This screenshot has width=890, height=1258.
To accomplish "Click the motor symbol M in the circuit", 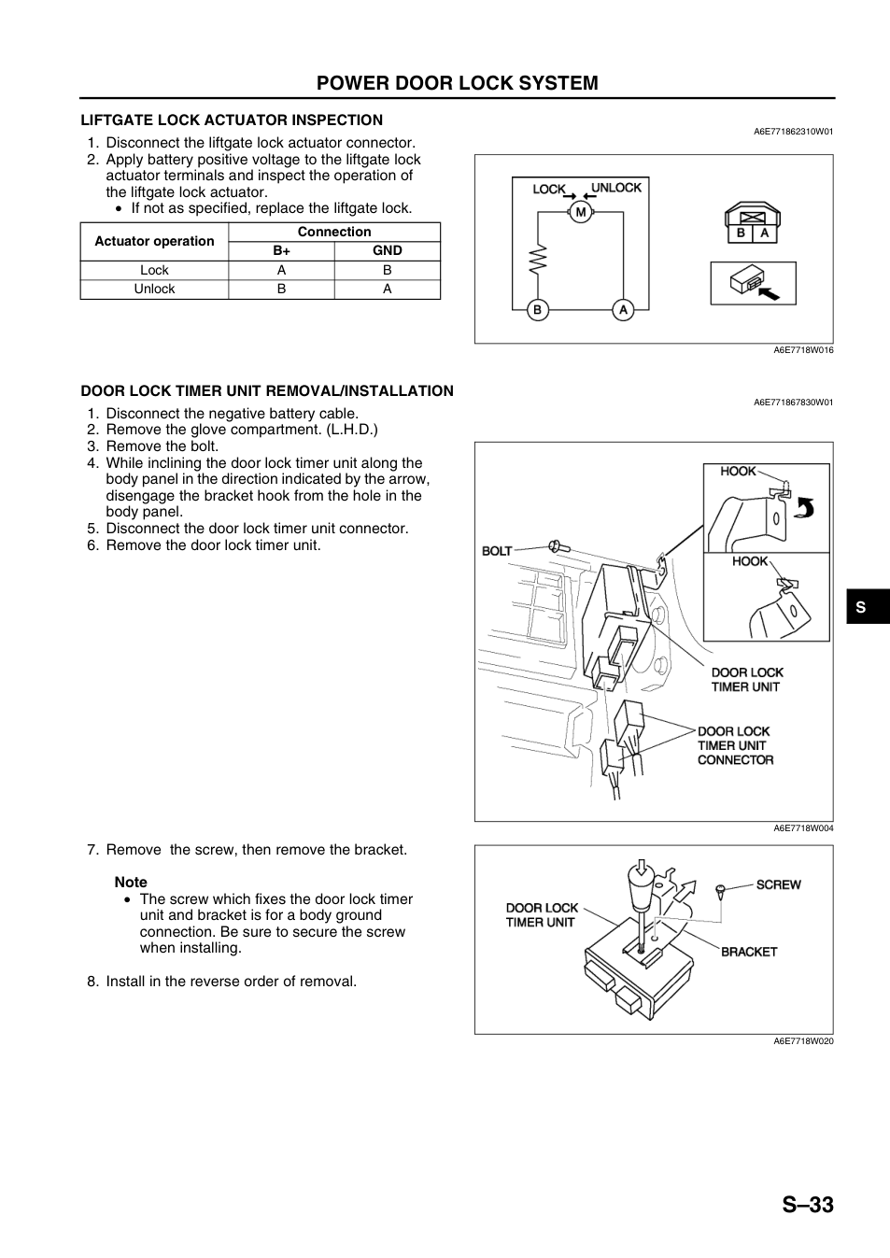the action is click(581, 212).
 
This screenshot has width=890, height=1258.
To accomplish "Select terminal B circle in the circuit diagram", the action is click(537, 309).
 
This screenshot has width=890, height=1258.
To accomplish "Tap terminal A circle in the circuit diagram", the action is click(623, 309).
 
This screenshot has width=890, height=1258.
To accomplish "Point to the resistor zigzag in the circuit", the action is click(538, 260).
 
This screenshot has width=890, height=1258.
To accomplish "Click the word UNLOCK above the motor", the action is click(616, 188).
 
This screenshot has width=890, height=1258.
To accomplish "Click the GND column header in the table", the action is click(387, 250).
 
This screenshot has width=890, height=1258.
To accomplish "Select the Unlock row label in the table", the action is click(154, 289).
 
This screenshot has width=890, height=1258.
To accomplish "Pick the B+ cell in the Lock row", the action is click(281, 270).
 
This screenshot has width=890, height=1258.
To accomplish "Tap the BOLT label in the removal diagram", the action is click(497, 551).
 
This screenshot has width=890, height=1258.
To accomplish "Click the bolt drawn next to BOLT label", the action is click(558, 546).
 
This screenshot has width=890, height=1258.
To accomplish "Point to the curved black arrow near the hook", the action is click(805, 508).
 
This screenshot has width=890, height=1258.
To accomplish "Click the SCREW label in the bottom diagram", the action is click(778, 884).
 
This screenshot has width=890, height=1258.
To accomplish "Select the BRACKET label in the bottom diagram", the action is click(749, 952).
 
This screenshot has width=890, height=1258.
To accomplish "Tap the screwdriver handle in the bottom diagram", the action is click(641, 884).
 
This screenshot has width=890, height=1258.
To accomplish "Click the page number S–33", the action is click(808, 1205).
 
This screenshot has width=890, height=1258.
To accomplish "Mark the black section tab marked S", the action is click(869, 606).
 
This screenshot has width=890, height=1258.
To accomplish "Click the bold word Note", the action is click(131, 882).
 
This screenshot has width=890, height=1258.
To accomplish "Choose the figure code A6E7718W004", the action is click(803, 827).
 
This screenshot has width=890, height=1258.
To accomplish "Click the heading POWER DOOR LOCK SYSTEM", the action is click(457, 83).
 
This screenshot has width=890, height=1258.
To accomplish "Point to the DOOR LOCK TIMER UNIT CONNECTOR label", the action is click(735, 745).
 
